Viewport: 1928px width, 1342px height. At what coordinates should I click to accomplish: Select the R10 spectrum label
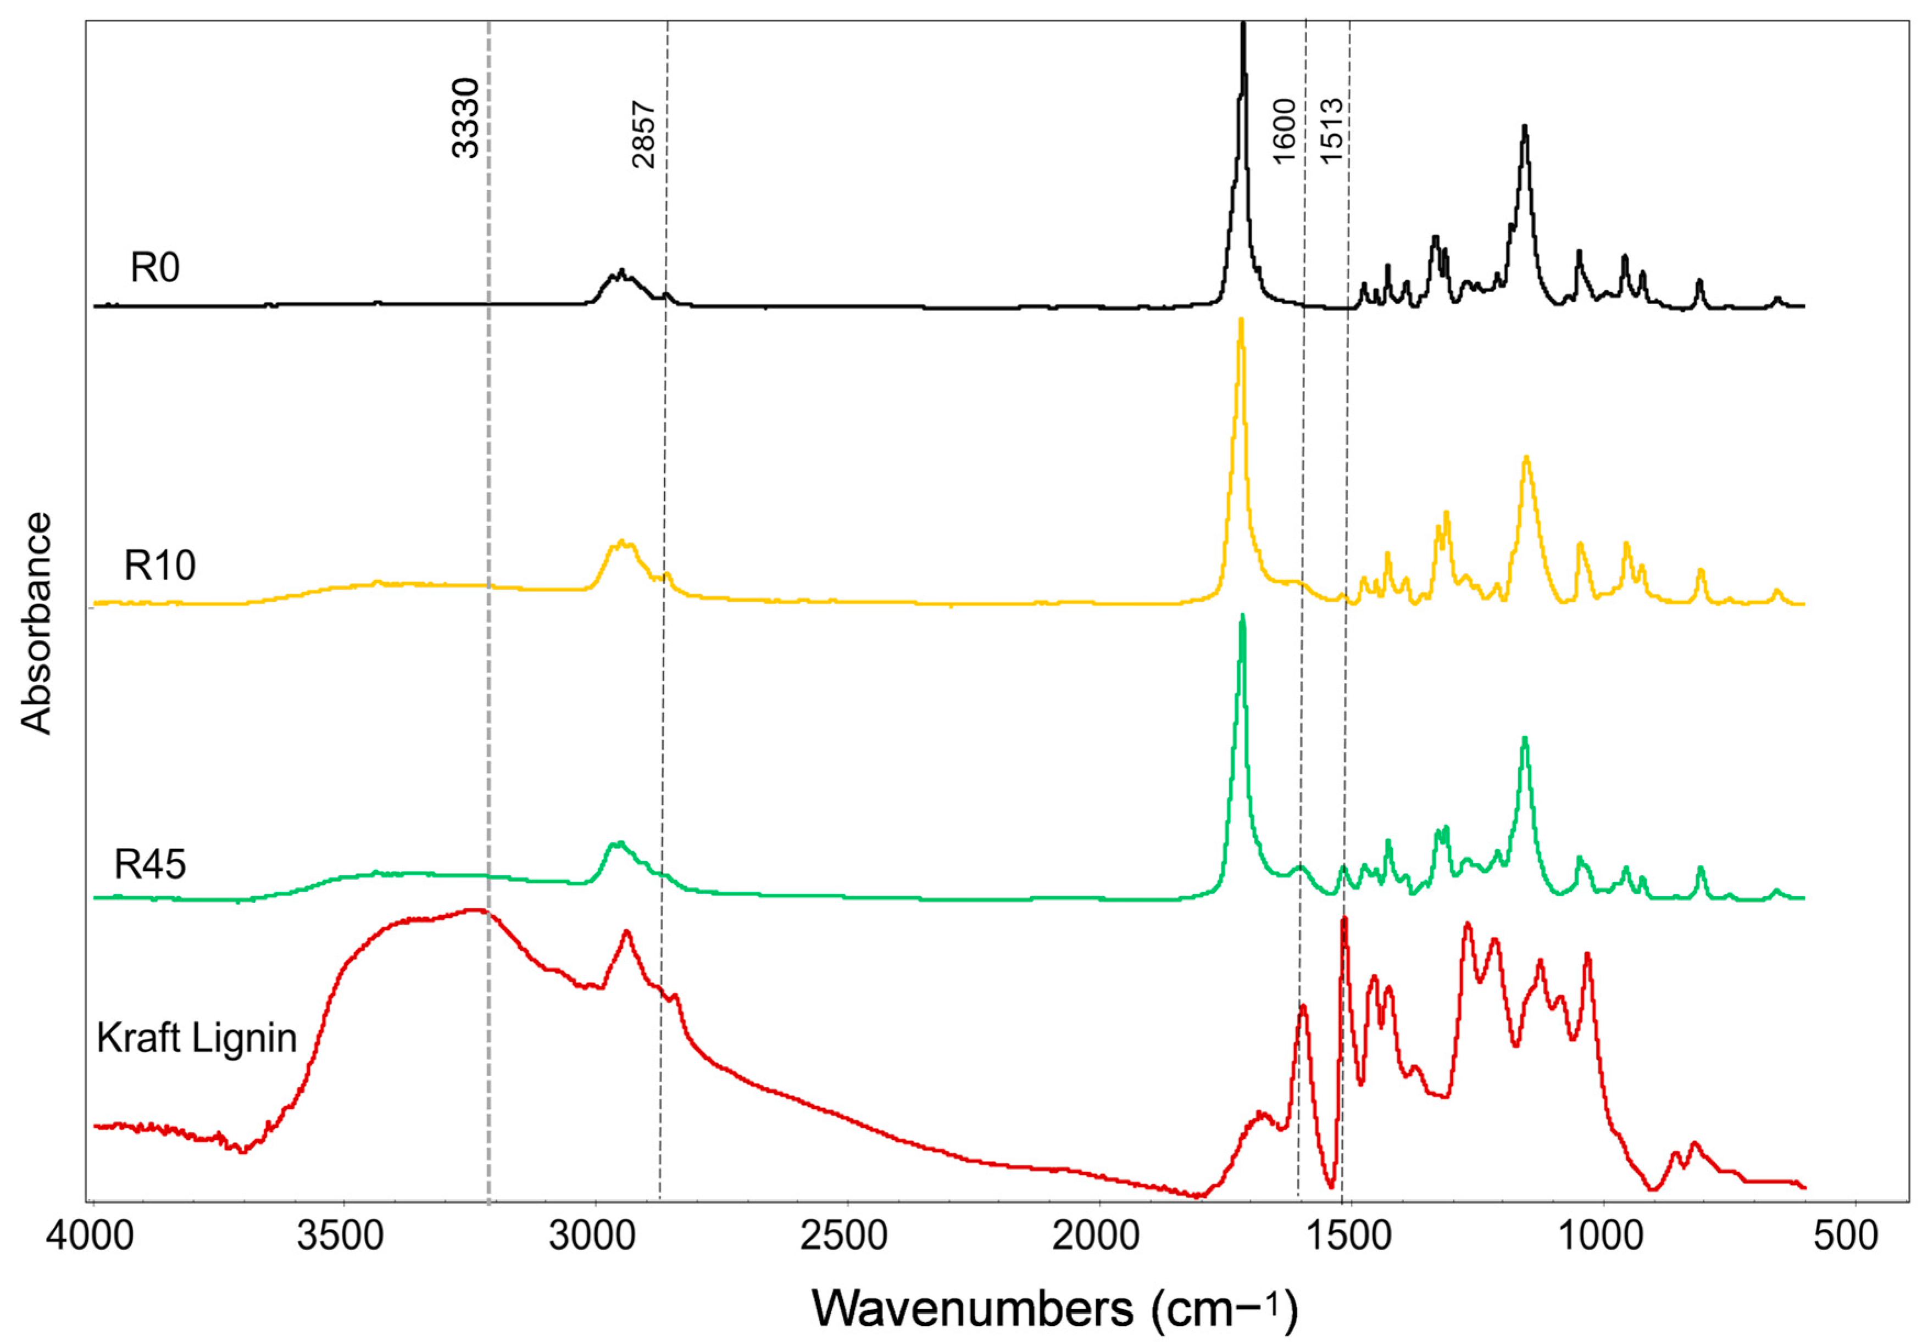click(159, 566)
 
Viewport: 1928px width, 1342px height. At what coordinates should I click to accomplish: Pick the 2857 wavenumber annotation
click(643, 135)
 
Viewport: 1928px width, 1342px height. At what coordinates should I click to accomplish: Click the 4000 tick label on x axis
click(90, 1236)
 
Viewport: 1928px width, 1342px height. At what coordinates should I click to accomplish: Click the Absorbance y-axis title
click(37, 624)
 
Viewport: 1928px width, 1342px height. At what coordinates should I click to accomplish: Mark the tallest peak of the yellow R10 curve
click(1241, 321)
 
